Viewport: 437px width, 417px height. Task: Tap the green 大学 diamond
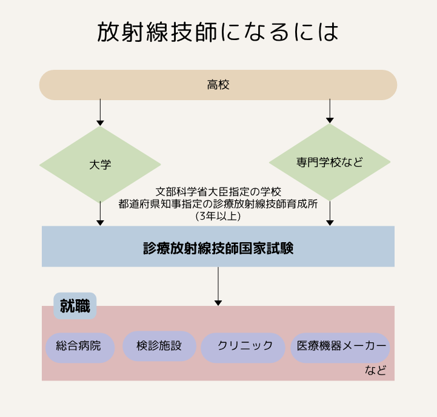pyautogui.click(x=100, y=164)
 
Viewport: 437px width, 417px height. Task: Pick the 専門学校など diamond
pyautogui.click(x=330, y=162)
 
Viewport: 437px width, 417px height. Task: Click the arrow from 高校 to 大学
pyautogui.click(x=100, y=112)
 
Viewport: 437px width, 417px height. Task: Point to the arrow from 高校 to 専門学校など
pyautogui.click(x=330, y=111)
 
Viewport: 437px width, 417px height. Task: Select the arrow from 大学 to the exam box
pyautogui.click(x=100, y=214)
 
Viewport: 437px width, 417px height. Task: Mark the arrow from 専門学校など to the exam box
pyautogui.click(x=330, y=213)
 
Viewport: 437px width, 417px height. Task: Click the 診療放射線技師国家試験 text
pyautogui.click(x=218, y=248)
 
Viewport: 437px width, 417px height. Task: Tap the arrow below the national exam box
pyautogui.click(x=218, y=286)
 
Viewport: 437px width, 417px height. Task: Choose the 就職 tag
pyautogui.click(x=75, y=306)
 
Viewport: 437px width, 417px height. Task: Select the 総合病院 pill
pyautogui.click(x=80, y=347)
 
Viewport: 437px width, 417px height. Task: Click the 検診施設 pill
pyautogui.click(x=159, y=346)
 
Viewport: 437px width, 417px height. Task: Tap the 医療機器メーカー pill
pyautogui.click(x=341, y=347)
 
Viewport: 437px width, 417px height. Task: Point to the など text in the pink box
pyautogui.click(x=376, y=370)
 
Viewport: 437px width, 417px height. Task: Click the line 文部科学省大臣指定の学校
pyautogui.click(x=218, y=192)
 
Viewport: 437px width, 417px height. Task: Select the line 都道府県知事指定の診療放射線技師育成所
pyautogui.click(x=218, y=204)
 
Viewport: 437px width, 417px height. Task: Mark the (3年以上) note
pyautogui.click(x=218, y=215)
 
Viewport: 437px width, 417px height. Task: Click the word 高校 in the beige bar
pyautogui.click(x=218, y=85)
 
